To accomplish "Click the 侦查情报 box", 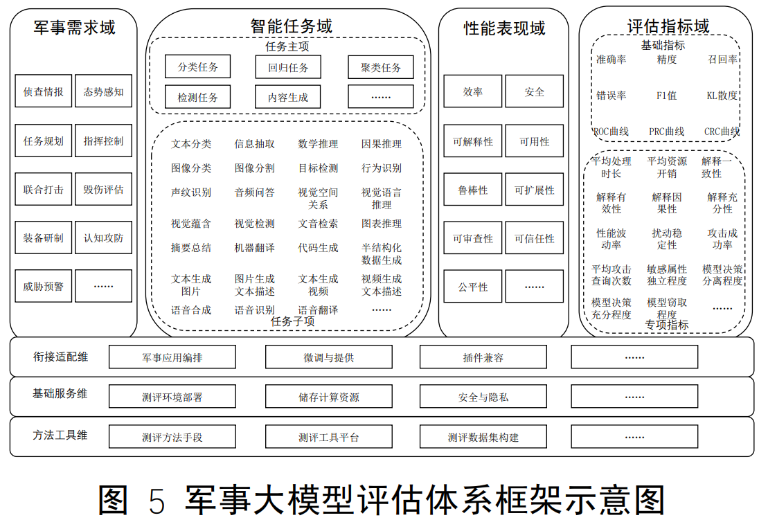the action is point(43,91).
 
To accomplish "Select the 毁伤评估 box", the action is point(103,189).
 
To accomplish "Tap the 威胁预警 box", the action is point(43,286).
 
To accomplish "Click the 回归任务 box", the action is point(288,68).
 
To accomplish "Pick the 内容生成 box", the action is point(288,97).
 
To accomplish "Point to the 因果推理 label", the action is point(381,144).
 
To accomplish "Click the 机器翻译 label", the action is point(254,248).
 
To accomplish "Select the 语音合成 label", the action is point(191,310).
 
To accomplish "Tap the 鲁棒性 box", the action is point(472,190).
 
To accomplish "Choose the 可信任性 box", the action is point(534,238).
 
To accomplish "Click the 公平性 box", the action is point(472,287).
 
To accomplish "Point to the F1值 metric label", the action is point(666,96).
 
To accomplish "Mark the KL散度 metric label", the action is point(722,96).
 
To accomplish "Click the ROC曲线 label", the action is point(611,132).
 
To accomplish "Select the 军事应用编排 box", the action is point(172,357).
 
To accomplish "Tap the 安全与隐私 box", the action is point(483,397).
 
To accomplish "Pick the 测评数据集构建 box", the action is point(483,438).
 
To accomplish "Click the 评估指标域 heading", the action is point(668,27).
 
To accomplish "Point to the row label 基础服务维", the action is point(60,393).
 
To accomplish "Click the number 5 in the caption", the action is point(157,500).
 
